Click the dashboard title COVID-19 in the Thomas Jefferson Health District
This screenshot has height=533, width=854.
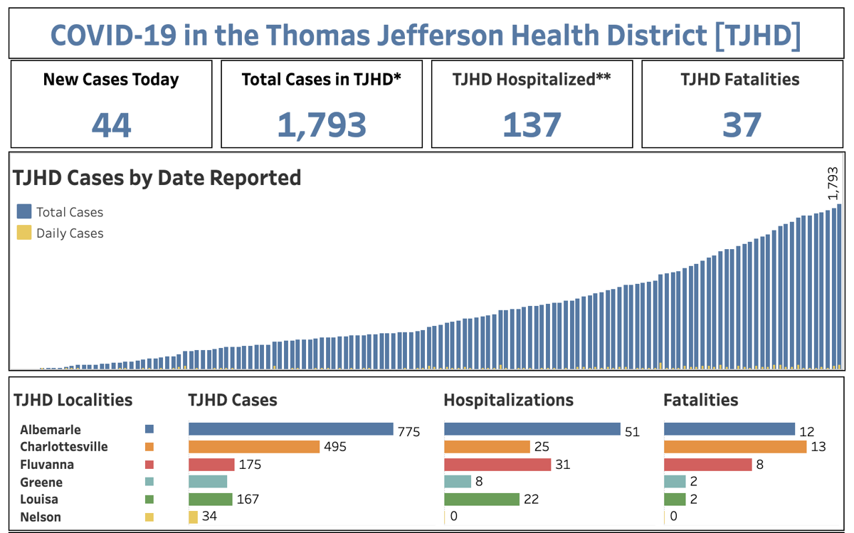[426, 34]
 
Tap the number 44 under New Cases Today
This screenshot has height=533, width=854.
[112, 125]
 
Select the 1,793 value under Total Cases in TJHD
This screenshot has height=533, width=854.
[322, 125]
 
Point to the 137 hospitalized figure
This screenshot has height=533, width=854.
[532, 125]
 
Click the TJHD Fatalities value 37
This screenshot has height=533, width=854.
[742, 125]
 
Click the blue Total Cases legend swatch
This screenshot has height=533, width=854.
[24, 211]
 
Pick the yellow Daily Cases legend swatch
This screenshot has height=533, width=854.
[24, 233]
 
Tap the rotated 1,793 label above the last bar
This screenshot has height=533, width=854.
[833, 184]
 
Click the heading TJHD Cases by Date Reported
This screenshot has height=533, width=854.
[157, 177]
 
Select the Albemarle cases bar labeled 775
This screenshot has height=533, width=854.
[290, 429]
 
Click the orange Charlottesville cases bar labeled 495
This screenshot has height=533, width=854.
[254, 447]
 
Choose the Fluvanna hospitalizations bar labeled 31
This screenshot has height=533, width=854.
[497, 465]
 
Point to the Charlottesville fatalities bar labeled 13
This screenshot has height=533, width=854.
[735, 447]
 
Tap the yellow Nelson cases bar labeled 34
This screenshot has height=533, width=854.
[193, 517]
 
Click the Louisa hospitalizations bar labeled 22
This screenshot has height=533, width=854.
[482, 500]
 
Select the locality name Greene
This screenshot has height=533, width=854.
[41, 482]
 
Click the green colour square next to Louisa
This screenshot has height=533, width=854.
[149, 500]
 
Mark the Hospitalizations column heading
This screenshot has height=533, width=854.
[508, 400]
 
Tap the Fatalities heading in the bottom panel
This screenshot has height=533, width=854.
[700, 400]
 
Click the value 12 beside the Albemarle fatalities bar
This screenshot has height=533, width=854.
[806, 432]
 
